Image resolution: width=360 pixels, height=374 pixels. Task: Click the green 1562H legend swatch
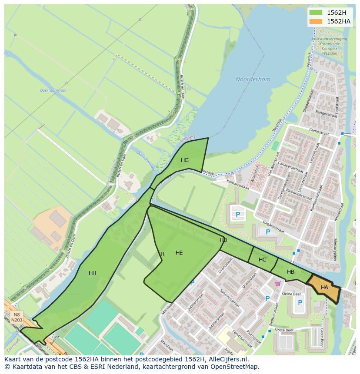[x=317, y=13]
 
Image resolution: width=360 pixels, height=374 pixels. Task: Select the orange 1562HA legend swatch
[x=317, y=21]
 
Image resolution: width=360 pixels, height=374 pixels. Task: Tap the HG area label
[x=185, y=160]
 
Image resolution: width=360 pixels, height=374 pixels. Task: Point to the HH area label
[x=93, y=273]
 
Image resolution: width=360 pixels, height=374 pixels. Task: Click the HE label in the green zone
[x=179, y=253]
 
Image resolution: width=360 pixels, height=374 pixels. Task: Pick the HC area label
[x=262, y=260]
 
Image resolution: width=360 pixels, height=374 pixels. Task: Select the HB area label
[x=290, y=272]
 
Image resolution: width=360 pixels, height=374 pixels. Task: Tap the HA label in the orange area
[x=324, y=288]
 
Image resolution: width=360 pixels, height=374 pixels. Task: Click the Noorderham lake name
[x=253, y=79]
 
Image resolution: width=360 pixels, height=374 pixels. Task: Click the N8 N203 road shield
[x=17, y=317]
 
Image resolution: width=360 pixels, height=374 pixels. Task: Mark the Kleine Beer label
[x=291, y=294]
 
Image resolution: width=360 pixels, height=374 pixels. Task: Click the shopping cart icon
[x=278, y=284]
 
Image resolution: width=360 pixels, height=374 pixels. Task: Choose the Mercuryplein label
[x=335, y=249]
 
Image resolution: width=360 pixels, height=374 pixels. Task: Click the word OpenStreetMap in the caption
[x=235, y=367]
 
